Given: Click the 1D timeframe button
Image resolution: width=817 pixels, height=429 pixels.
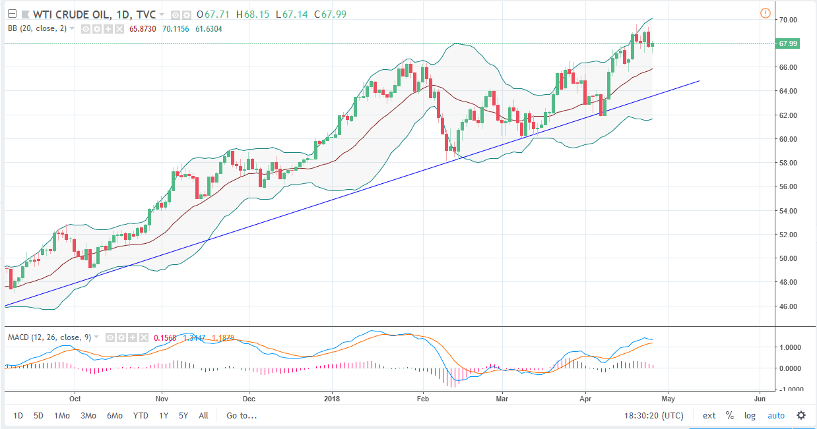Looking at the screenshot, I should pos(18,416).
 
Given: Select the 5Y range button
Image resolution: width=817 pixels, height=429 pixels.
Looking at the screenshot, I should pos(184,416).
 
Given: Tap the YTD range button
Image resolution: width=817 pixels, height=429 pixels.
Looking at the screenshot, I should pos(141,416).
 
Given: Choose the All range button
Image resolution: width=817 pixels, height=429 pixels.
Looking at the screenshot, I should pos(203,416).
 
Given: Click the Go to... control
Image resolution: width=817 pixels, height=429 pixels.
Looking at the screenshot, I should pos(242,416).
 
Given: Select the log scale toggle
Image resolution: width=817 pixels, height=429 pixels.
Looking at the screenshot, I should pos(750,416).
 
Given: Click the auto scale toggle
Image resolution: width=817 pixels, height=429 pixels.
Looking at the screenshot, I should pos(775,416).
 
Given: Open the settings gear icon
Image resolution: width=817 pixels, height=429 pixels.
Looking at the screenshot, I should pos(801,415).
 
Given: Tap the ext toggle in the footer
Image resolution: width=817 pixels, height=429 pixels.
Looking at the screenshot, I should pos(709,416).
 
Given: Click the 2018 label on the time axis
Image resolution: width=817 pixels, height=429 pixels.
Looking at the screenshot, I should pos(333,399).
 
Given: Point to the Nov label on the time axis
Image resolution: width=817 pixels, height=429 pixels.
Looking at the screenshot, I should pos(162,399).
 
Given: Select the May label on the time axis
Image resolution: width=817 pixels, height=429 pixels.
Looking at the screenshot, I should pos(668,399).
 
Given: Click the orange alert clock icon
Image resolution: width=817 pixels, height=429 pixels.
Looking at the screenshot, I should pos(765,13).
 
